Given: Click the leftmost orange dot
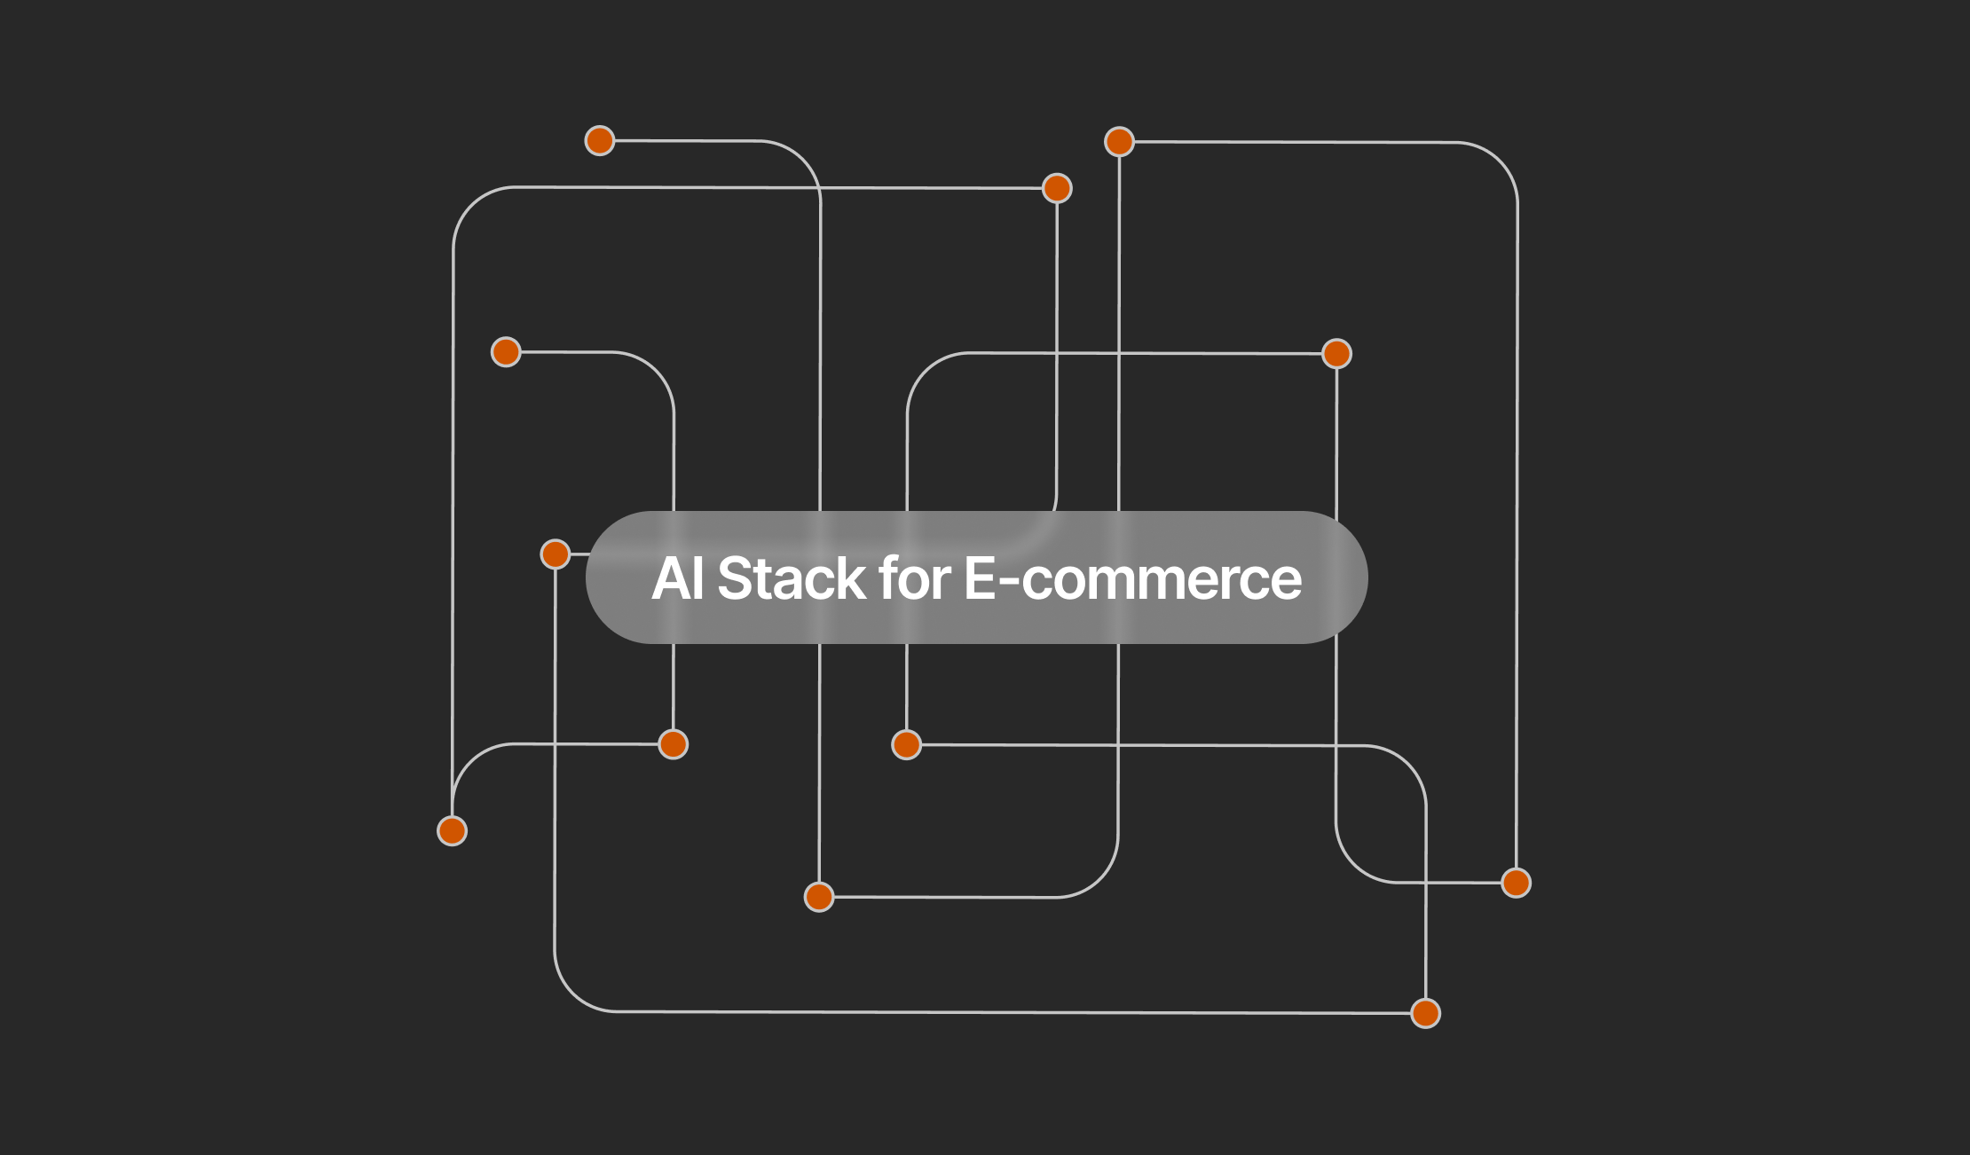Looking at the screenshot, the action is coord(453,831).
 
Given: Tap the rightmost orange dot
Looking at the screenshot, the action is coord(1517,883).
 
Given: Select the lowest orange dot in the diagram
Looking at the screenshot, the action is coord(1426,1013).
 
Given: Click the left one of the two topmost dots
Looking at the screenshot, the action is coord(600,140).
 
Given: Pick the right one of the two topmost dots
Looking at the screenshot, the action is coord(1120,141).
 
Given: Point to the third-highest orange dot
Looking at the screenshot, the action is coord(1058,188).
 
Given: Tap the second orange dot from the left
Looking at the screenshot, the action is coord(506,351).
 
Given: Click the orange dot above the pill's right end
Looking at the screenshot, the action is coord(1337,353).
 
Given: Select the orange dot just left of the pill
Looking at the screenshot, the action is coord(556,554).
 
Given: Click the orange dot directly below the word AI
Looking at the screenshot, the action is coord(674,744).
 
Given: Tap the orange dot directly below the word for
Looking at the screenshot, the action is coord(906,744).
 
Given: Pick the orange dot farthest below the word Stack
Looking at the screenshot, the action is coord(819,897).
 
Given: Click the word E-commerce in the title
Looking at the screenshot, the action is coord(1133,578).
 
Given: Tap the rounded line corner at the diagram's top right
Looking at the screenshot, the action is coord(1500,160).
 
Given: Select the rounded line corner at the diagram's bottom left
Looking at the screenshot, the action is coord(572,994).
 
